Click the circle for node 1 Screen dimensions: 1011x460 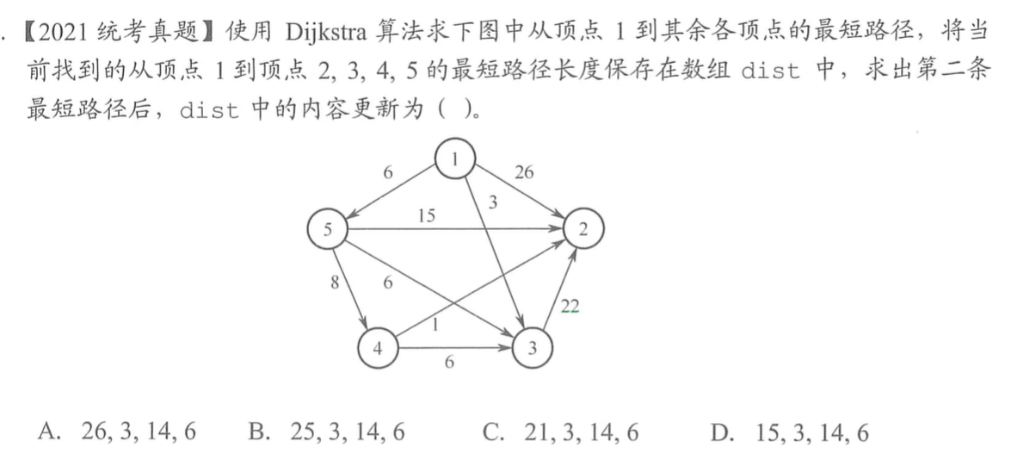(x=456, y=159)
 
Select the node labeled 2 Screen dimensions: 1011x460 (x=584, y=229)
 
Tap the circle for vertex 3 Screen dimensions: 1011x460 (x=533, y=349)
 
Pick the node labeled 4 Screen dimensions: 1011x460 (x=379, y=349)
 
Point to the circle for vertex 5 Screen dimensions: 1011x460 (x=328, y=229)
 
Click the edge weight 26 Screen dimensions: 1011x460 (x=523, y=172)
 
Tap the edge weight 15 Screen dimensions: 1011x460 (x=427, y=216)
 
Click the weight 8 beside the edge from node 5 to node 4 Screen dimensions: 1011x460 (x=335, y=283)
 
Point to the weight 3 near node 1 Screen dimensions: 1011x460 (x=492, y=203)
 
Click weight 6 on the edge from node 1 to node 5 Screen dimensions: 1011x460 (x=388, y=172)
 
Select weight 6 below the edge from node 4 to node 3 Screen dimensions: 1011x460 (x=449, y=363)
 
